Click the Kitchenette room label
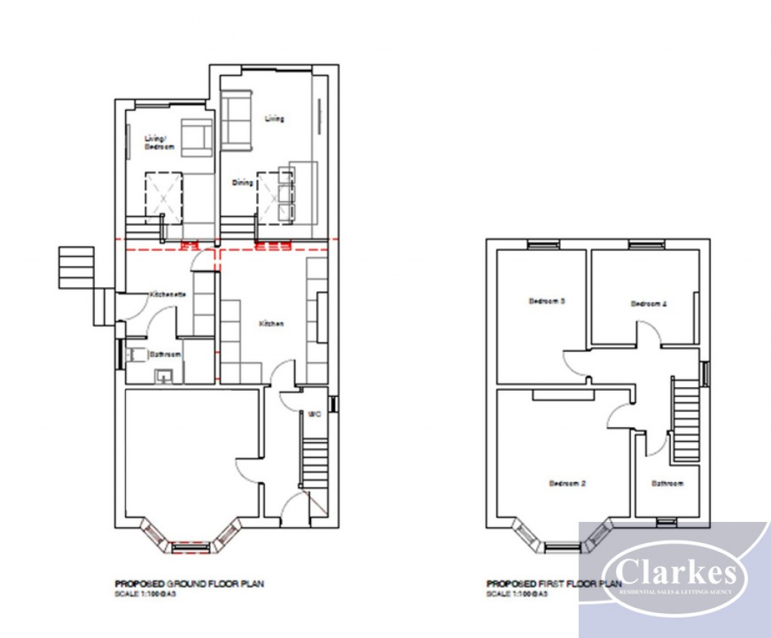click(168, 294)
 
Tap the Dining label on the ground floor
click(242, 182)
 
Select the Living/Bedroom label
click(159, 142)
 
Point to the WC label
click(315, 413)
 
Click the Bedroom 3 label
click(547, 301)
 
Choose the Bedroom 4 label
click(649, 304)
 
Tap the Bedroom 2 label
click(567, 484)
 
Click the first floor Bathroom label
click(667, 484)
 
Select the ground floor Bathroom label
click(165, 353)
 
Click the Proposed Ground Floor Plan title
click(189, 583)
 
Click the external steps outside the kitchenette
click(76, 267)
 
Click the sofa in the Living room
click(236, 119)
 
